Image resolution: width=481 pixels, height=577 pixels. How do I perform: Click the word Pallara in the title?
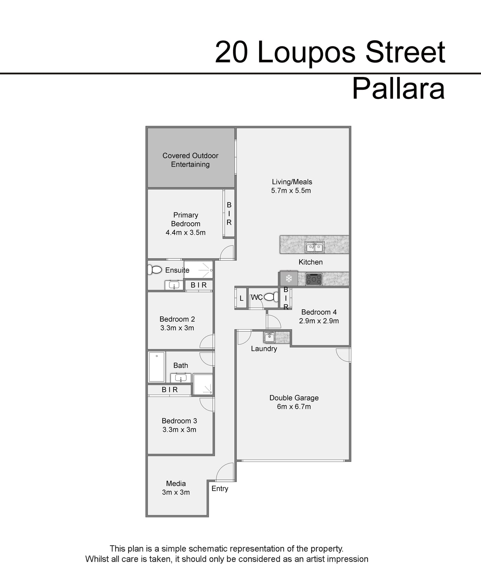pyautogui.click(x=399, y=89)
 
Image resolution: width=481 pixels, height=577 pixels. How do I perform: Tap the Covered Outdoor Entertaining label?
pyautogui.click(x=190, y=160)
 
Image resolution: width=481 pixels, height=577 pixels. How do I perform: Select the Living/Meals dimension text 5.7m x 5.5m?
pyautogui.click(x=291, y=191)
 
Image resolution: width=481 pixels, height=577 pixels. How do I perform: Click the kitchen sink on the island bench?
pyautogui.click(x=314, y=247)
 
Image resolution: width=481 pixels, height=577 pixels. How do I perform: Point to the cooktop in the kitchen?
pyautogui.click(x=314, y=279)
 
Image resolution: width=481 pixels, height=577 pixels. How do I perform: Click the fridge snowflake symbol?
pyautogui.click(x=289, y=278)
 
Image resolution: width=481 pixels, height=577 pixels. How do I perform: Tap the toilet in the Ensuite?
pyautogui.click(x=155, y=270)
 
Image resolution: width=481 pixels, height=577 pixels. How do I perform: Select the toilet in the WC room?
pyautogui.click(x=272, y=297)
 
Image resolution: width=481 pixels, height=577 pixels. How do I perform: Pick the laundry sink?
pyautogui.click(x=269, y=337)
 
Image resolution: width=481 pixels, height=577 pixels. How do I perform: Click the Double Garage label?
pyautogui.click(x=294, y=398)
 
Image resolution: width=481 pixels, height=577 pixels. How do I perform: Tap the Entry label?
pyautogui.click(x=220, y=489)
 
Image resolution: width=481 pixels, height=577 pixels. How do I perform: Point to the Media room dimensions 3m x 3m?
pyautogui.click(x=176, y=492)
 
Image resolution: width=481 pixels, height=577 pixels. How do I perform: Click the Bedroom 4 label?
pyautogui.click(x=319, y=312)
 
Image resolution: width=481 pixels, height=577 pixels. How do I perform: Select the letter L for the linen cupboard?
pyautogui.click(x=242, y=298)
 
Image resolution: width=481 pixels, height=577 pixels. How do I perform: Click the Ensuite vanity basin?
pyautogui.click(x=174, y=285)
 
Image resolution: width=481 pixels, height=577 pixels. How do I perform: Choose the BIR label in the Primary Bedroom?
pyautogui.click(x=229, y=213)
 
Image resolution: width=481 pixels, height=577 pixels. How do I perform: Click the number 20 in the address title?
pyautogui.click(x=231, y=53)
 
